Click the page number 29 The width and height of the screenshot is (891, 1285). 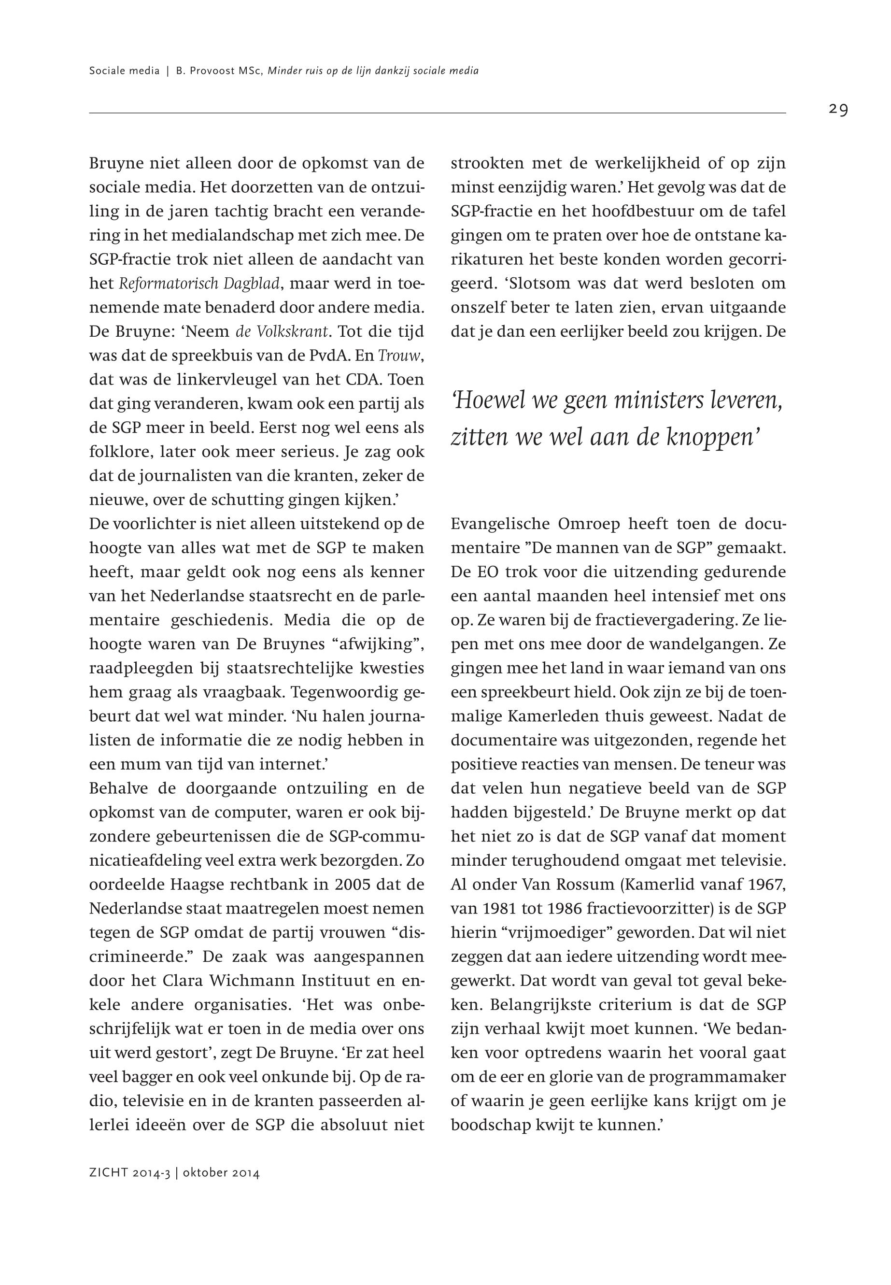click(838, 110)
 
